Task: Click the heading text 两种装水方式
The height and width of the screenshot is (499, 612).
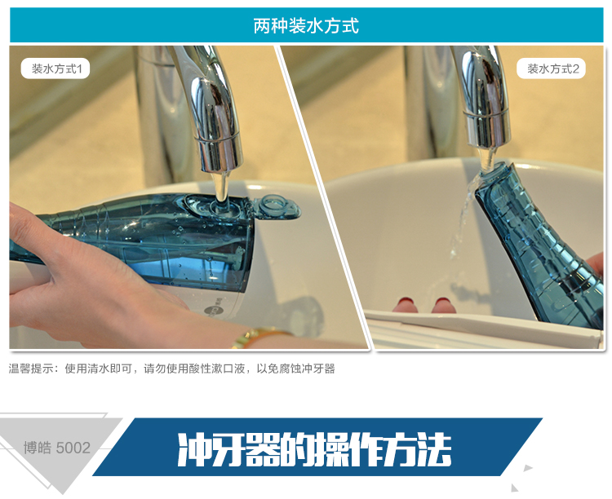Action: pos(306,26)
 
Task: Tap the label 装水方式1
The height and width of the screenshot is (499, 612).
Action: pos(55,69)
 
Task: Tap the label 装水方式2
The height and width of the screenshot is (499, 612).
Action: pos(552,69)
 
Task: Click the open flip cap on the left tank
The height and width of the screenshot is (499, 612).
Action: pos(275,207)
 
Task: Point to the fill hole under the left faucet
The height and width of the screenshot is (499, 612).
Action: pos(221,205)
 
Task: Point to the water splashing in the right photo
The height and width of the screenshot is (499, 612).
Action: pos(462,219)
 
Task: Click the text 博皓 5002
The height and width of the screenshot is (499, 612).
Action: pos(57,448)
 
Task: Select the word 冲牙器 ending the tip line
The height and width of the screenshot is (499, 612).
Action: pos(318,369)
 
